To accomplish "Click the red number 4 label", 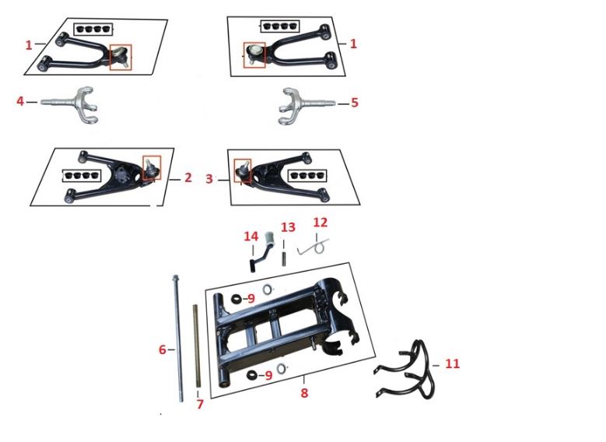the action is click(20, 101).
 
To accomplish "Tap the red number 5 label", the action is click(355, 103).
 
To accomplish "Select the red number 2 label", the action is click(187, 177).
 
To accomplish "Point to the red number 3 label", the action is click(209, 179).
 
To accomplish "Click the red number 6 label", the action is click(163, 349).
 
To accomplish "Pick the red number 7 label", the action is click(200, 404).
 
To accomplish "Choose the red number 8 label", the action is click(304, 393).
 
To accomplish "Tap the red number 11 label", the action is click(452, 364).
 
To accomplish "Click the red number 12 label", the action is click(320, 223).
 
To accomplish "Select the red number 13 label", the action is click(288, 227).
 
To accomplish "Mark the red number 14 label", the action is click(250, 236).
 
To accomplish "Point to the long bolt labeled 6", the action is click(179, 339).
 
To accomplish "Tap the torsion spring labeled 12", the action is click(314, 247).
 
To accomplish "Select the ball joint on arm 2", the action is click(151, 167).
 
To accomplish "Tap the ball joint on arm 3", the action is click(243, 170).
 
